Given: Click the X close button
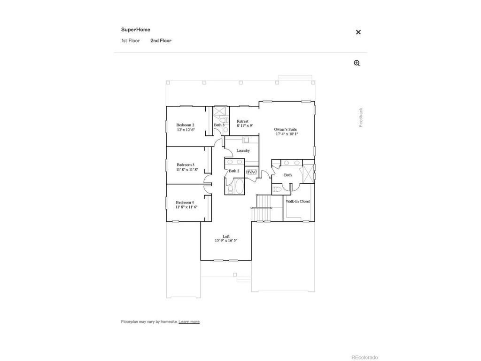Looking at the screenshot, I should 358,32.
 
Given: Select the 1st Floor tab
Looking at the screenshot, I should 131,41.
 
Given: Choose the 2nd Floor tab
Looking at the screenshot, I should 161,41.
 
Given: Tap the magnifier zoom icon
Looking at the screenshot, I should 357,63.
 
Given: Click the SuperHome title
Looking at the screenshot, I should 136,30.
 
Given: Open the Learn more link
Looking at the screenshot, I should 189,322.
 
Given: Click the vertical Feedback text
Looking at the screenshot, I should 361,118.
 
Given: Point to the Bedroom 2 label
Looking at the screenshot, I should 185,125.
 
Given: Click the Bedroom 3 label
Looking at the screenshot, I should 185,165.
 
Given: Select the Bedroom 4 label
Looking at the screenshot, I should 185,202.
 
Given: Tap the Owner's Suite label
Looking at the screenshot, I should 286,129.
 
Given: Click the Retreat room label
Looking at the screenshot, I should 243,121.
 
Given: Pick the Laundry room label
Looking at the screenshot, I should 243,150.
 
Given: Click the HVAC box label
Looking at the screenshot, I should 252,173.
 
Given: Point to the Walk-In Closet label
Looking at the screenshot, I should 298,201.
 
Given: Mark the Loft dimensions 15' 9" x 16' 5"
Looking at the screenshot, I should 226,241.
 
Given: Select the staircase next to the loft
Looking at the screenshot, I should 262,209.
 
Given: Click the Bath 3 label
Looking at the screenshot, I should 219,125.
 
